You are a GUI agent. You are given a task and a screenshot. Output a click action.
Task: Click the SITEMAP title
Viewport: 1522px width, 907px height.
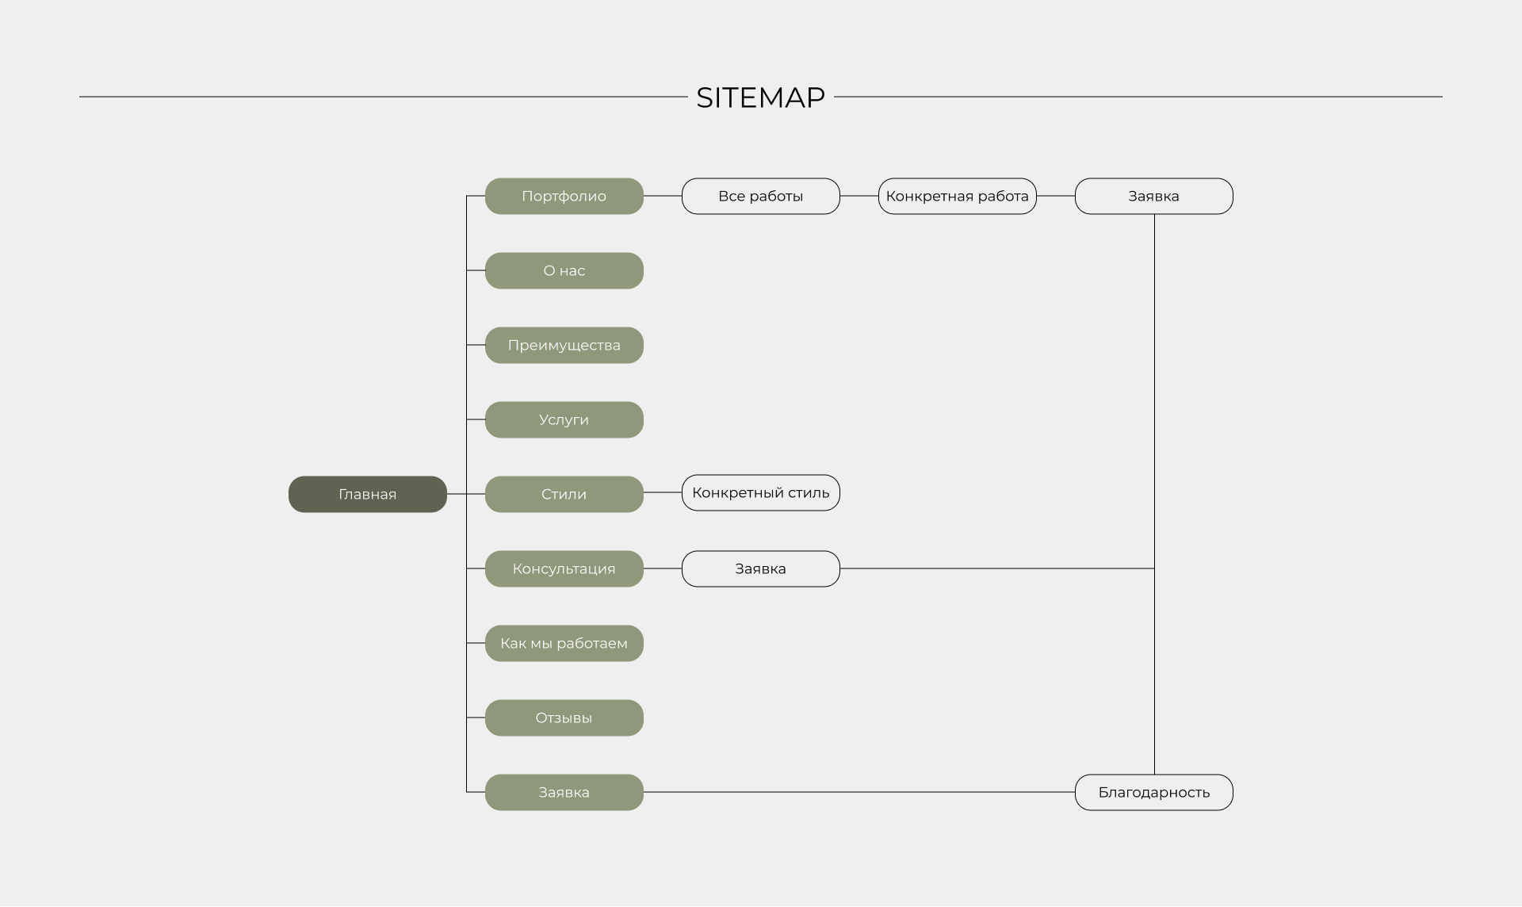point(760,98)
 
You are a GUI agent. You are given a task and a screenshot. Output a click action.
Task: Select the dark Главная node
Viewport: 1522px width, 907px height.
point(367,494)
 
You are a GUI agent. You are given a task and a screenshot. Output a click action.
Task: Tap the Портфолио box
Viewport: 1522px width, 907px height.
point(564,196)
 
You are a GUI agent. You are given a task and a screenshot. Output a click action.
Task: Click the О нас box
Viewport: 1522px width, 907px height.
point(564,270)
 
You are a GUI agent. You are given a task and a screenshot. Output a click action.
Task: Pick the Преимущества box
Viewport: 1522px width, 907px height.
point(564,345)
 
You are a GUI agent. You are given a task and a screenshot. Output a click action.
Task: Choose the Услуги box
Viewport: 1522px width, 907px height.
point(564,419)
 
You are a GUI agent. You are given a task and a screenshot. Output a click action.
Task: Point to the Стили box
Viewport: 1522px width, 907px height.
point(564,494)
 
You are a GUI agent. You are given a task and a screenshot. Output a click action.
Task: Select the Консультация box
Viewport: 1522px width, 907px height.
point(564,568)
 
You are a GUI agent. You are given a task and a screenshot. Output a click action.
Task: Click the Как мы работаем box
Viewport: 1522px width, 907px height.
point(564,643)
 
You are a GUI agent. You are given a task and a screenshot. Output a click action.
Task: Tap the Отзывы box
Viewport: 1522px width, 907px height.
point(564,718)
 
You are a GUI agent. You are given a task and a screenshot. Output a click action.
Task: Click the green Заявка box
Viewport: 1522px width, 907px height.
point(564,792)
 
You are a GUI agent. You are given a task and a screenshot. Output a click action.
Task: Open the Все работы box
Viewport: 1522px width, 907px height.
point(760,196)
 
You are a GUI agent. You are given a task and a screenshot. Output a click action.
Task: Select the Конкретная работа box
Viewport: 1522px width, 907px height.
point(957,196)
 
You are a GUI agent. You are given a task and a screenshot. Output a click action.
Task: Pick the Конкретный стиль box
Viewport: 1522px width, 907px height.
point(760,492)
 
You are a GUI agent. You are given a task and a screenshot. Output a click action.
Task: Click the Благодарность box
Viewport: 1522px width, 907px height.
point(1153,792)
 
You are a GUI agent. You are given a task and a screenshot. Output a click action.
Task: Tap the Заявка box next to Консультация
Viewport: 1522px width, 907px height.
point(760,568)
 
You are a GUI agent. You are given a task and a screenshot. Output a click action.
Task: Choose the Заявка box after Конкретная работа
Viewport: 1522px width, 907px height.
point(1153,196)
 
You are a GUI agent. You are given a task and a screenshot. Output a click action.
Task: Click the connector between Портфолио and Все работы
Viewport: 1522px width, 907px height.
point(663,196)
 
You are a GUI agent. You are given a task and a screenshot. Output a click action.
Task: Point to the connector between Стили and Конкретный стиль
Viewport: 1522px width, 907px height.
point(663,492)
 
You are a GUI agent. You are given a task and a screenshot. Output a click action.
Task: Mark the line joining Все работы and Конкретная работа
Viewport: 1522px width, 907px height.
point(859,196)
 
